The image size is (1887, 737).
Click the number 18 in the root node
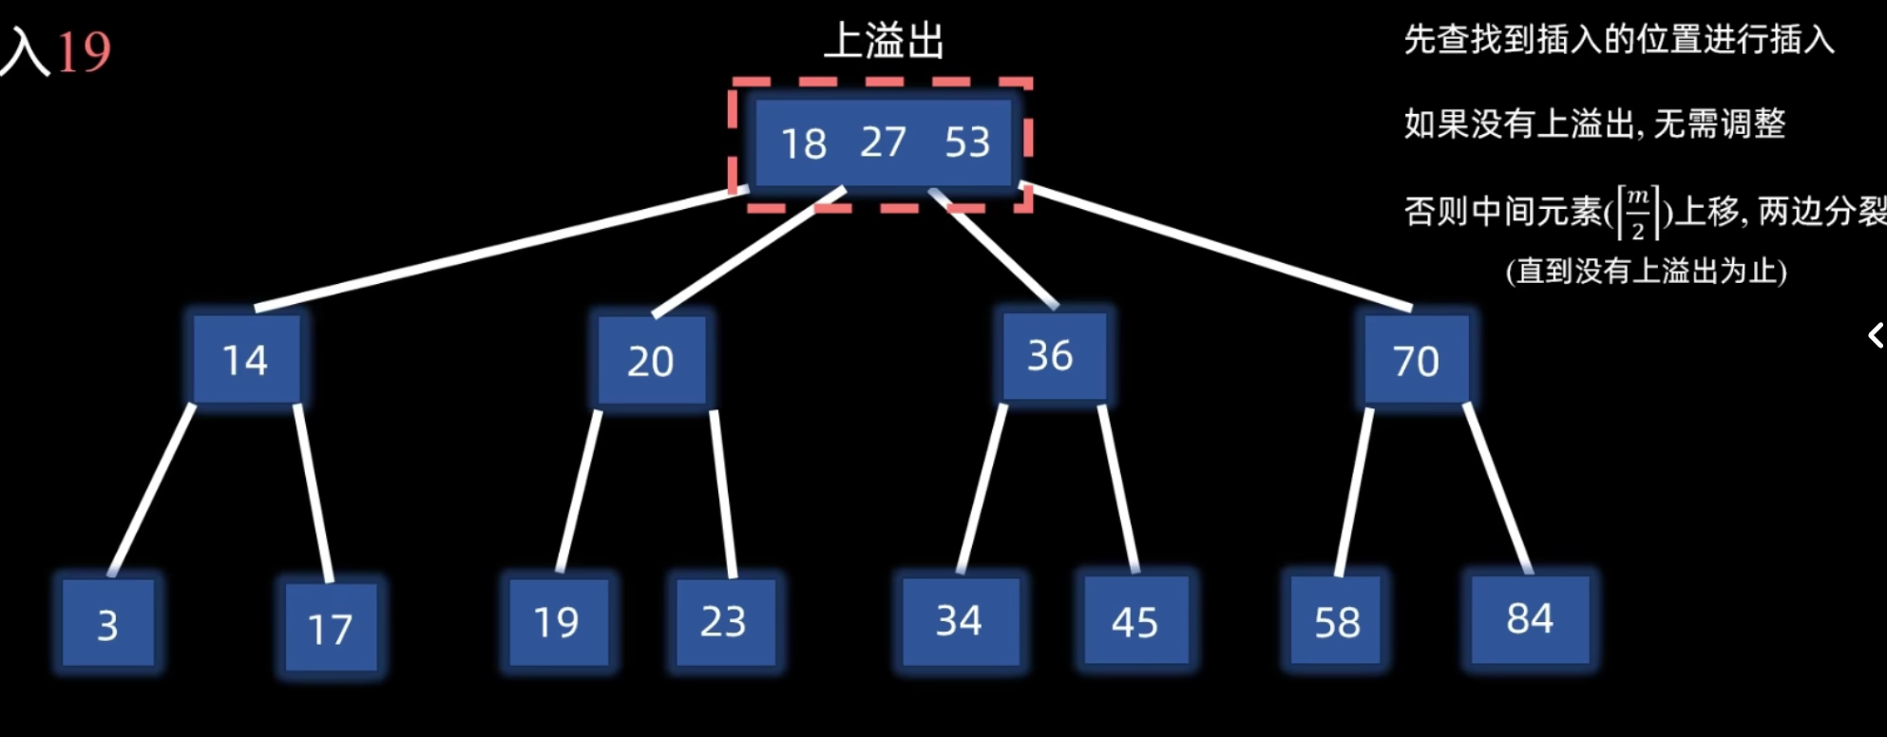click(804, 143)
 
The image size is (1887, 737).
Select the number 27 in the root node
click(883, 142)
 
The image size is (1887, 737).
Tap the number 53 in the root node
click(967, 142)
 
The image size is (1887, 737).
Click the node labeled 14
click(246, 360)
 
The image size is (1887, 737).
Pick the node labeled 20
click(651, 361)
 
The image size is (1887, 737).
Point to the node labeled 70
click(1416, 361)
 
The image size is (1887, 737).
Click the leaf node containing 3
click(107, 624)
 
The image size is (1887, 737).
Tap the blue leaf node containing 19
click(557, 622)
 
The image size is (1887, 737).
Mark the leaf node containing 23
click(724, 622)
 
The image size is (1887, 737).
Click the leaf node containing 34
click(960, 621)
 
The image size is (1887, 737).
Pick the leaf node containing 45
click(1135, 622)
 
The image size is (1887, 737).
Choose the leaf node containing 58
click(1337, 622)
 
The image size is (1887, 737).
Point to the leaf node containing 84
click(1530, 619)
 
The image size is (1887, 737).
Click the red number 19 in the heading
click(84, 51)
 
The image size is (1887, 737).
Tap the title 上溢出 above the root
click(884, 41)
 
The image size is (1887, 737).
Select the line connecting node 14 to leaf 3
click(152, 490)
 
